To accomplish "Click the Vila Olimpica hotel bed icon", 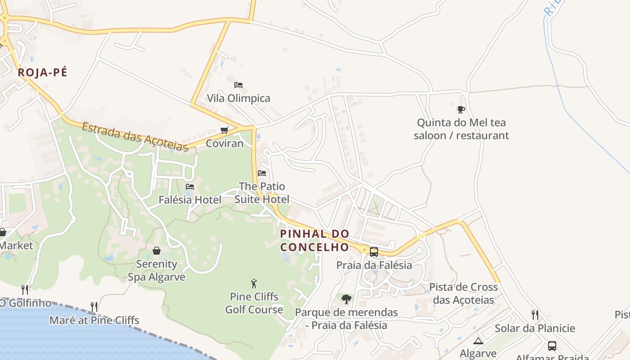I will pos(238,85).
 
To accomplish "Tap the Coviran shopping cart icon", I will pos(224,130).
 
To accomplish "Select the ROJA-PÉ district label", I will pos(42,72).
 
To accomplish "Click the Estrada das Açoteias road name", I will pos(135,136).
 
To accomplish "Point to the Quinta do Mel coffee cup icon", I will pos(461,109).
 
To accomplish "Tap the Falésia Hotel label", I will pos(190,199).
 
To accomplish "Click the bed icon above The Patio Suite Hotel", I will pos(262,173).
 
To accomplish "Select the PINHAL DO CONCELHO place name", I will pos(315,240).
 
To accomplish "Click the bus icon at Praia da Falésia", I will pos(373,252).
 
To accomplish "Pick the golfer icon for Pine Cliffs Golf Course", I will pos(254,283).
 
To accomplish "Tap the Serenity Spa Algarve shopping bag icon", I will pos(157,251).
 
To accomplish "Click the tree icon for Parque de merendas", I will pos(346,299).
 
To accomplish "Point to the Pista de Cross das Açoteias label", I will pos(463,293).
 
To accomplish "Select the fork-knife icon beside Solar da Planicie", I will pos(535,315).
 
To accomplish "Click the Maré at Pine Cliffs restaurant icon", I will pos(94,307).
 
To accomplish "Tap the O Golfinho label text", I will pos(26,303).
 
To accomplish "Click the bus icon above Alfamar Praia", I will pos(552,346).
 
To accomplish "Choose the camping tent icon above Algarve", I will pos(478,341).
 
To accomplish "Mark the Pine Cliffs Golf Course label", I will pos(254,303).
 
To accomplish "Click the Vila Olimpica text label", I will pos(238,98).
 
